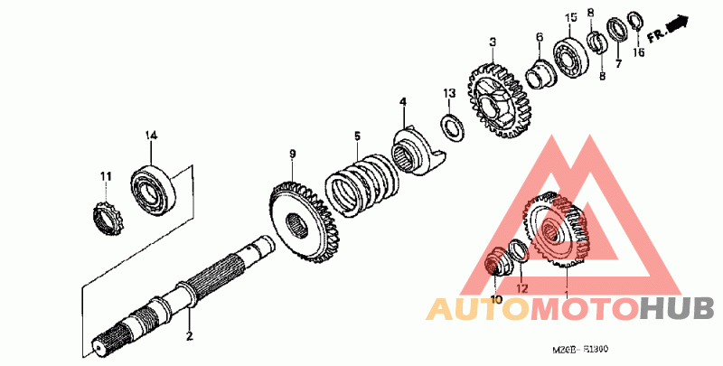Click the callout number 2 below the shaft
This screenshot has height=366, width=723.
tap(190, 337)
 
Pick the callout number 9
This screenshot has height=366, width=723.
tap(293, 155)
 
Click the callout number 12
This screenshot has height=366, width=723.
tap(521, 289)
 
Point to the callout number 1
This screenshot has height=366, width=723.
tap(567, 296)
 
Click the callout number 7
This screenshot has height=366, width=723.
tap(619, 64)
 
